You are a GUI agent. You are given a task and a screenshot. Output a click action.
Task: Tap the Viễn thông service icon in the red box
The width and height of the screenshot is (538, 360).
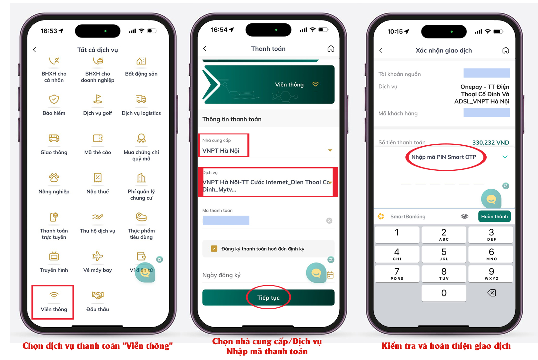coord(54,296)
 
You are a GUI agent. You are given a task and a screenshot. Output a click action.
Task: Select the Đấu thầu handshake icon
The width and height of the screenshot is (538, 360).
coord(98,295)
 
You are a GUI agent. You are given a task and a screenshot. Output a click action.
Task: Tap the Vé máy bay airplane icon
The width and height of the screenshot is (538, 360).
coord(98,256)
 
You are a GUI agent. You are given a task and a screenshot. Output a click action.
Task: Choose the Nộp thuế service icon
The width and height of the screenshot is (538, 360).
coord(98,178)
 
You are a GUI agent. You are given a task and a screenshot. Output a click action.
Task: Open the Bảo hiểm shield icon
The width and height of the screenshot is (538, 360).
coord(54,99)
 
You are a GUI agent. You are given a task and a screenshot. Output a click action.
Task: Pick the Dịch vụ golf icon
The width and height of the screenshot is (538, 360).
coord(98,99)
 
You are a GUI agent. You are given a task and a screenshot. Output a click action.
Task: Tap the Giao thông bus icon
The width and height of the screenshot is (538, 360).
coord(54,138)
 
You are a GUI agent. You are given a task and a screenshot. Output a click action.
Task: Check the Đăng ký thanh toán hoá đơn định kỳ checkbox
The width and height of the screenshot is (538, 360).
coord(214,249)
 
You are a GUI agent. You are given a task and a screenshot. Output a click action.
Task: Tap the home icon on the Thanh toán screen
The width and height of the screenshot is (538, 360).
coord(331,49)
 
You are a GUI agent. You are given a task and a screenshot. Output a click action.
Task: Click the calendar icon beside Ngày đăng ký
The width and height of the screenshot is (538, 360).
coord(330,275)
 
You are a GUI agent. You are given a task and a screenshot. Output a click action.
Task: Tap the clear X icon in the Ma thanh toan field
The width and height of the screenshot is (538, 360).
coord(329,221)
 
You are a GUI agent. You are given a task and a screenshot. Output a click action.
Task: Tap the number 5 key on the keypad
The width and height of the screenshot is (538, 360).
coord(444,254)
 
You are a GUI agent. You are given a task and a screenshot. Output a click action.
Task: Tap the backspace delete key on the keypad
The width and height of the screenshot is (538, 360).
coord(491,293)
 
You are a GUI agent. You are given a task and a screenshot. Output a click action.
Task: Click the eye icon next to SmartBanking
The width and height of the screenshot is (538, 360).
coord(464,216)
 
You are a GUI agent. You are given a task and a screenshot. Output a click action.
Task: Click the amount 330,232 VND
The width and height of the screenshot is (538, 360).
coord(490,142)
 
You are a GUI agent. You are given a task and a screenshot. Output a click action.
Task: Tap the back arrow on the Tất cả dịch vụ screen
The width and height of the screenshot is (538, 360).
coord(35,50)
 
